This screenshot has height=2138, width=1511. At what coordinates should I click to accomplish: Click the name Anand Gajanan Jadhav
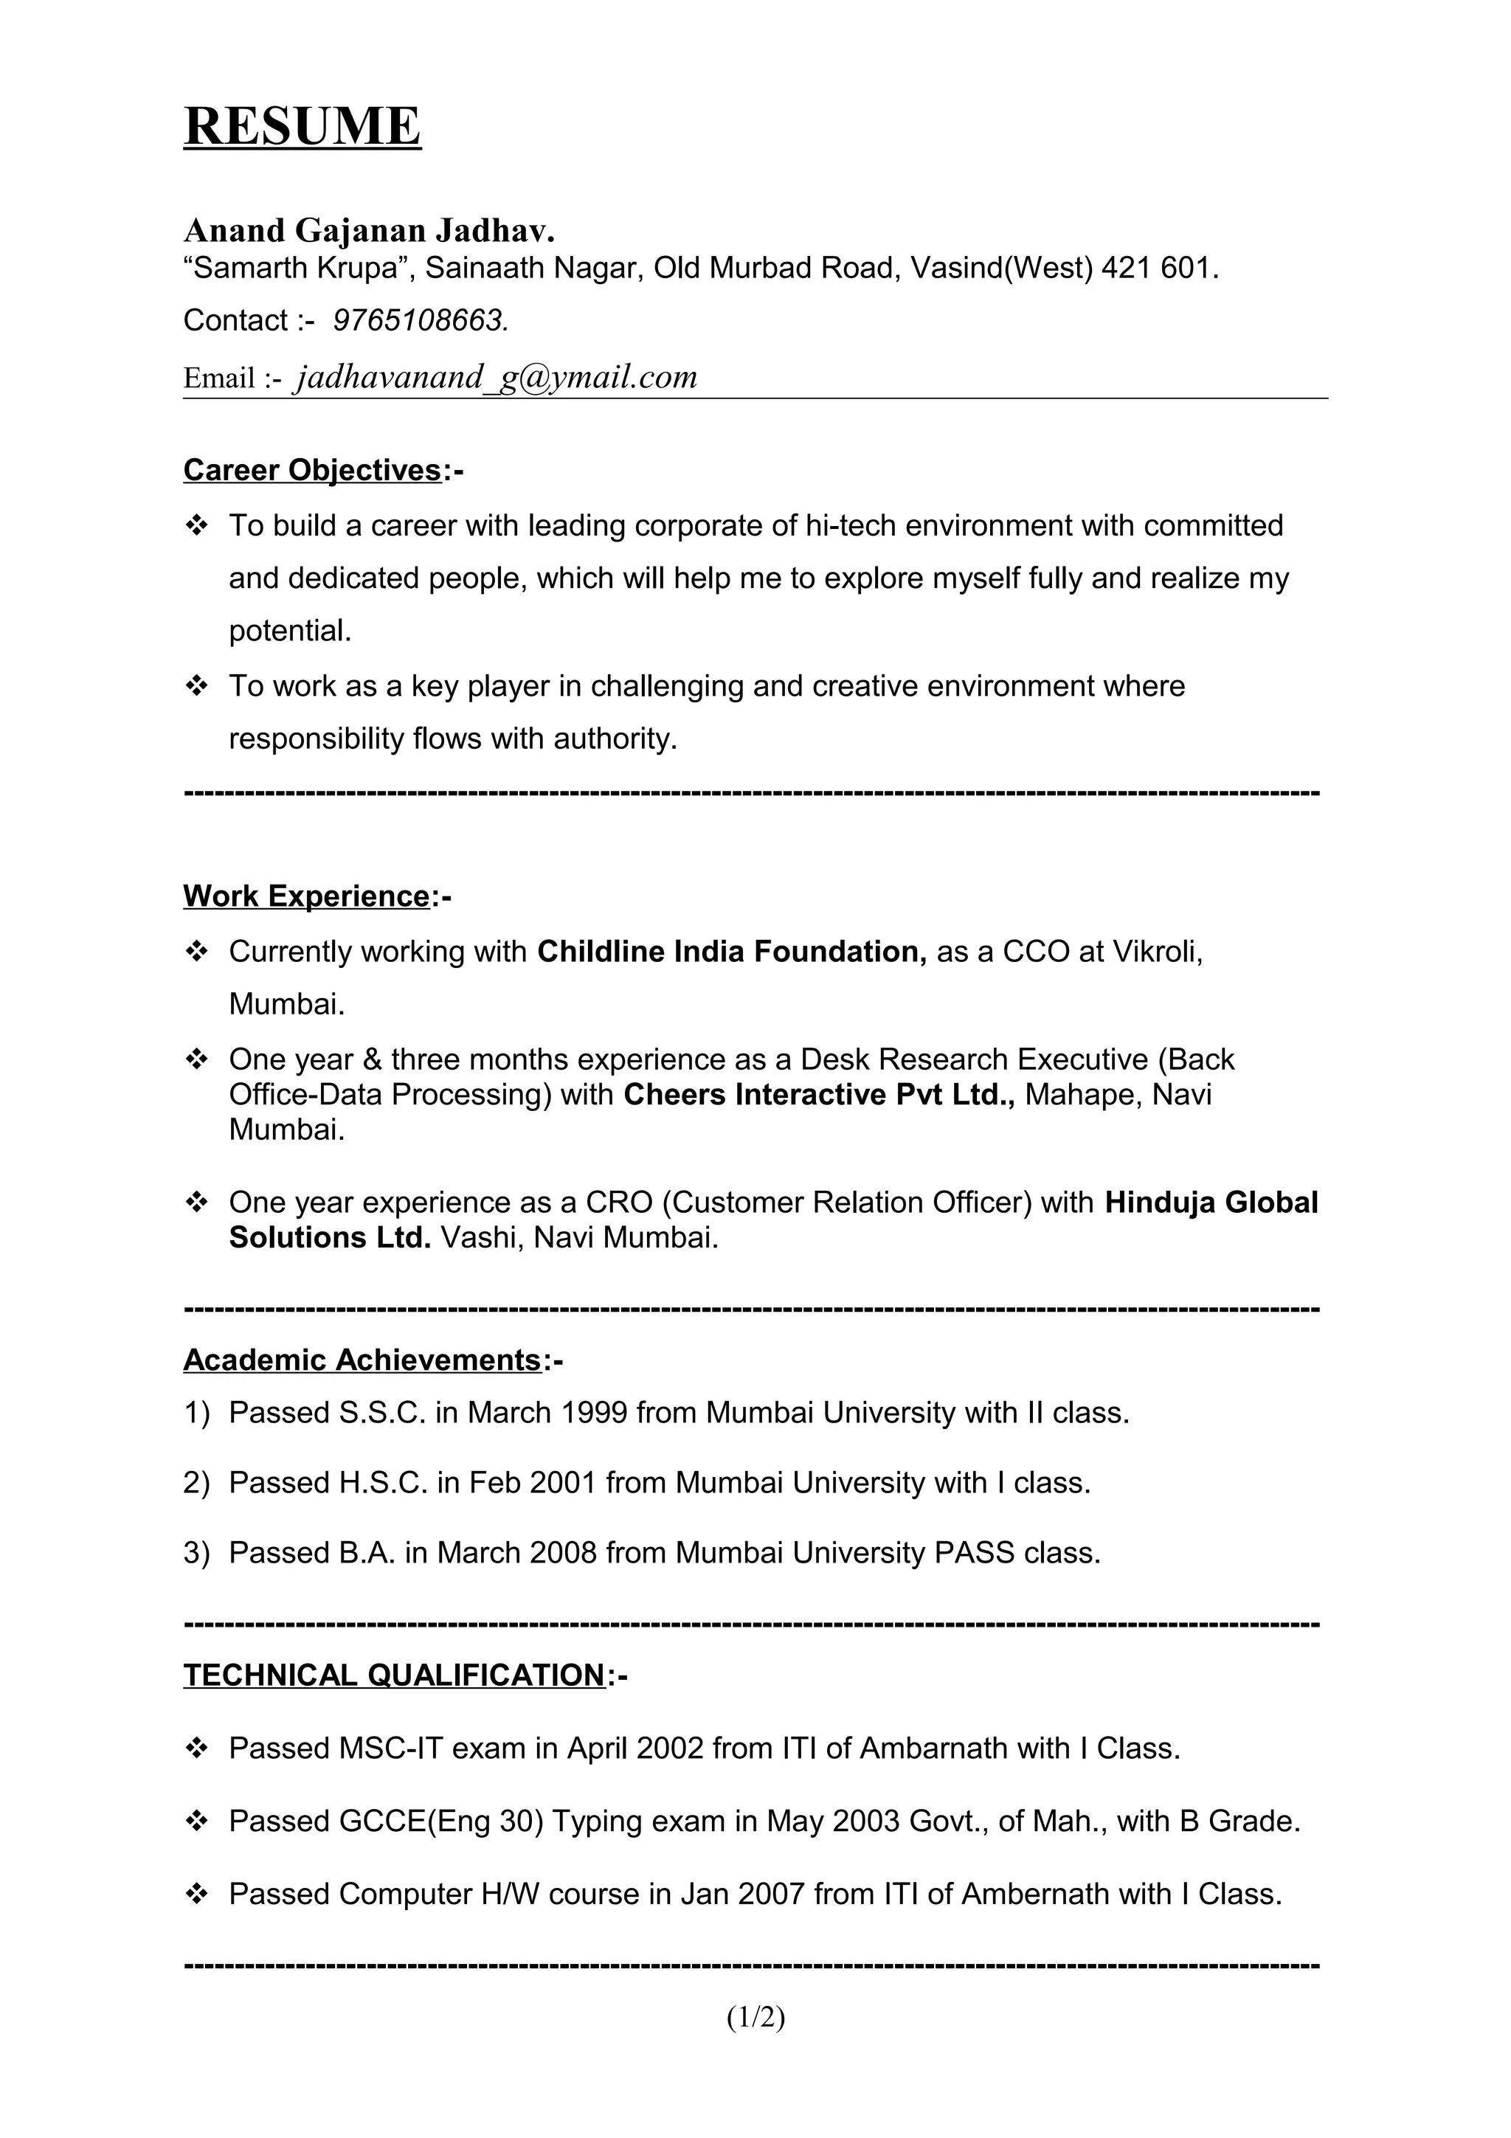tap(369, 230)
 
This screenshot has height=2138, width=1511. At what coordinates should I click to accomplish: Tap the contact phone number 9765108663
tap(420, 320)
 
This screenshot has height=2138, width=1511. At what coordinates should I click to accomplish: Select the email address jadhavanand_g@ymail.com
tap(495, 377)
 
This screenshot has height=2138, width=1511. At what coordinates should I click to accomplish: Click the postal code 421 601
tap(1156, 269)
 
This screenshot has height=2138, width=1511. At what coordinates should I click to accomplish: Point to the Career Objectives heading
tap(313, 470)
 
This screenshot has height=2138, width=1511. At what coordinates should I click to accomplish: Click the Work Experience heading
tap(306, 896)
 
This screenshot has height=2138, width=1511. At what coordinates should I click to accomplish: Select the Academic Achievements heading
tap(362, 1360)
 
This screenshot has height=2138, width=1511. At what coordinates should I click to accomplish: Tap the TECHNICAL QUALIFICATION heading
tap(395, 1675)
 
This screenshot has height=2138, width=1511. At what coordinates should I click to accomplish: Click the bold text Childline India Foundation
tap(731, 952)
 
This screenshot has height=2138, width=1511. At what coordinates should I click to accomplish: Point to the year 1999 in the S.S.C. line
tap(594, 1414)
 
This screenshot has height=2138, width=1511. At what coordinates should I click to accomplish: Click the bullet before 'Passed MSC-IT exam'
tap(196, 1748)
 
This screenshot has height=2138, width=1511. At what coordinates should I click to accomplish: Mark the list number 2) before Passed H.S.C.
tap(196, 1484)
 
